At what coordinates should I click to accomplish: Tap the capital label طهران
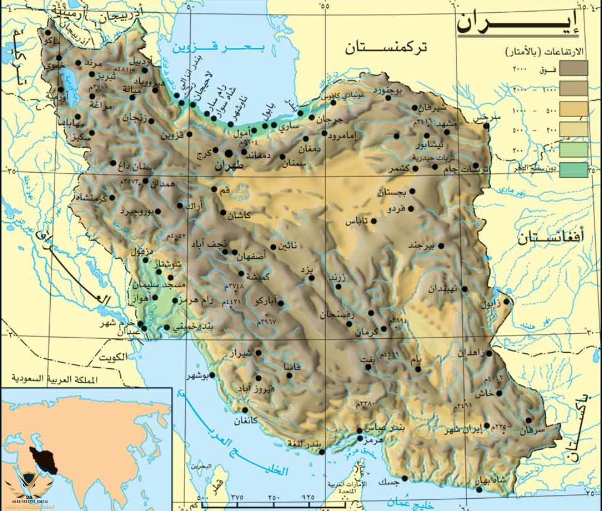tap(229, 166)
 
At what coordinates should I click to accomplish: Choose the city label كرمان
tap(366, 332)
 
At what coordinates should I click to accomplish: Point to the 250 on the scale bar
tap(274, 497)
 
